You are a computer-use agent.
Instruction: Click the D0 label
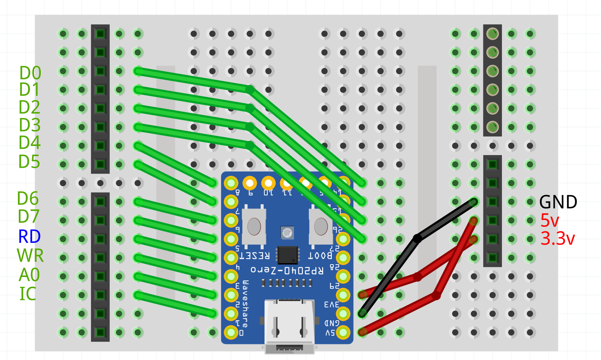click(x=30, y=73)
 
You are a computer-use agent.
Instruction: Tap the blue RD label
click(x=30, y=237)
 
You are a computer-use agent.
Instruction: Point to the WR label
click(x=30, y=256)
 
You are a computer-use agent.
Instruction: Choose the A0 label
click(x=29, y=275)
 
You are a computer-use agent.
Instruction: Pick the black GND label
click(x=558, y=202)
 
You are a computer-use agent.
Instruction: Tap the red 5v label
click(x=550, y=221)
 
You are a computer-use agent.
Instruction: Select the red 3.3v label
click(x=558, y=239)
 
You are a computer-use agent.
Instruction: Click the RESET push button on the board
click(x=254, y=226)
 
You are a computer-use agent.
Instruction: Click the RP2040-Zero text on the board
click(x=287, y=270)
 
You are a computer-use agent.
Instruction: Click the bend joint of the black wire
click(x=417, y=239)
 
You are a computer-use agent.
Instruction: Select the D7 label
click(x=28, y=217)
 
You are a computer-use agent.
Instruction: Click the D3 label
click(x=30, y=125)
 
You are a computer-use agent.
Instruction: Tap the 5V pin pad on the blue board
click(x=343, y=332)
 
